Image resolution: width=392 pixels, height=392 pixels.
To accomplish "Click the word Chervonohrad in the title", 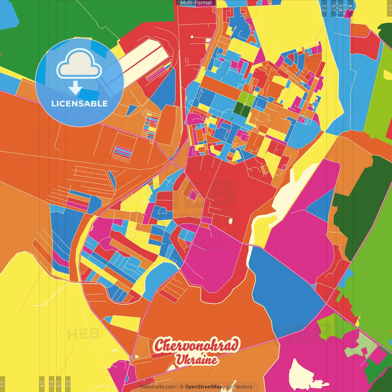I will click(196, 345).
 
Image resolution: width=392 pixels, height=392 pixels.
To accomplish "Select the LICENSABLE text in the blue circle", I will click(79, 104).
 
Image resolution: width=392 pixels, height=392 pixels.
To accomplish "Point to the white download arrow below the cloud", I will click(75, 88).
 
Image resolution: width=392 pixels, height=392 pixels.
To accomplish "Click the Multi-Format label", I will click(196, 3).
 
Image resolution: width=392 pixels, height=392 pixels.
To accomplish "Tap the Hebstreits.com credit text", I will click(157, 387).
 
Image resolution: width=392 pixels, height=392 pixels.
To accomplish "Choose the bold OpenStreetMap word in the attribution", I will click(204, 387).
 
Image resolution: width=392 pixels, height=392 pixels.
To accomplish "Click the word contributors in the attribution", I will click(238, 387).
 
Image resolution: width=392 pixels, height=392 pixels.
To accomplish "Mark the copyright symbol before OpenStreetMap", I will click(182, 387).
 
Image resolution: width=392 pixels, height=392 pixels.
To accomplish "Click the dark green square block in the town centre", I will click(242, 109).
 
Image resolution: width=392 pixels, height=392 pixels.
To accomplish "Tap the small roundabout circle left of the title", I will click(131, 358).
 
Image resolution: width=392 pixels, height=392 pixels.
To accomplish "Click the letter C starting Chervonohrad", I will click(159, 345).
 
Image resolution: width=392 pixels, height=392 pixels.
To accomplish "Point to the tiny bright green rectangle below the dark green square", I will click(232, 119).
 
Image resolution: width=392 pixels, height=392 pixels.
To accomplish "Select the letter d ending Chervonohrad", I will click(234, 345).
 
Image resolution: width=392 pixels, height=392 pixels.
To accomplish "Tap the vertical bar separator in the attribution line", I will click(178, 387).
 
